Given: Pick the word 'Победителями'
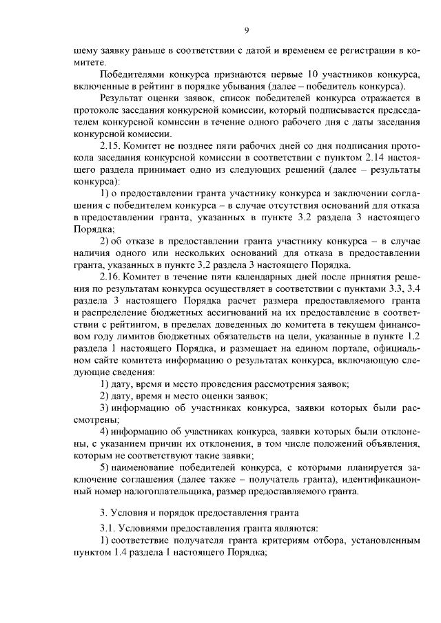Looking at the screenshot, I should coord(131,74).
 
